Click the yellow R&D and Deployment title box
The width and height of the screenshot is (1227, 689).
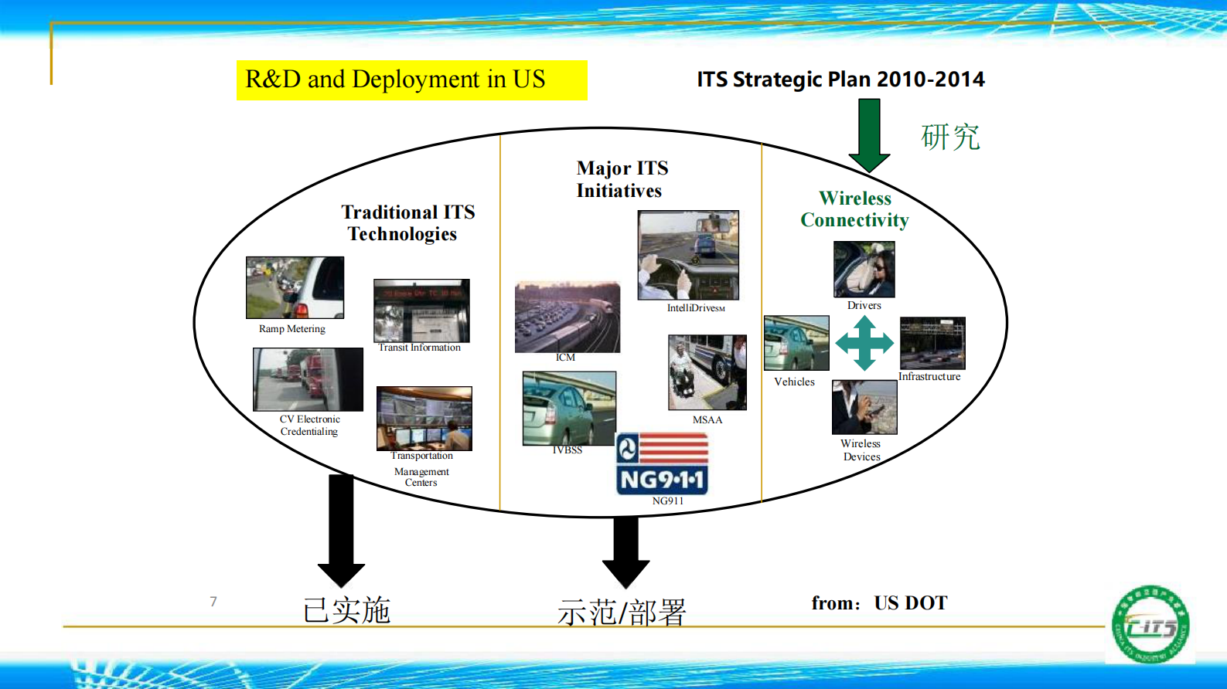411,80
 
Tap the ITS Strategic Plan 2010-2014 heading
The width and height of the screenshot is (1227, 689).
840,80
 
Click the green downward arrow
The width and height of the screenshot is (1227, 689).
869,136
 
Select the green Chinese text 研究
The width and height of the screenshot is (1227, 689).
950,137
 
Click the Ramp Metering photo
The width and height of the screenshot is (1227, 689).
295,287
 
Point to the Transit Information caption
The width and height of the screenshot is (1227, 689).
419,348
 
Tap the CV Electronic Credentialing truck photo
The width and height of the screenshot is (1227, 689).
308,379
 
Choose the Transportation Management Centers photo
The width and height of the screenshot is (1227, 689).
424,418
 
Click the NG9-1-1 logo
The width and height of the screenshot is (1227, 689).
662,463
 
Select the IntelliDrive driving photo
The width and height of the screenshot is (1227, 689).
687,255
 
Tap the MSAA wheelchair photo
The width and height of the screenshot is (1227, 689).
707,372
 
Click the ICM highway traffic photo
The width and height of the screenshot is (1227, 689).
567,317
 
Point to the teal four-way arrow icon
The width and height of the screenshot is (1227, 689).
864,343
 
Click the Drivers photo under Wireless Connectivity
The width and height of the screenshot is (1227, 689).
864,270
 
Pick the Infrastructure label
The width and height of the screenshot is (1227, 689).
929,377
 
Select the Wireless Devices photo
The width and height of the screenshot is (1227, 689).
864,407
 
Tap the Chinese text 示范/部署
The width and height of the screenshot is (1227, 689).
622,613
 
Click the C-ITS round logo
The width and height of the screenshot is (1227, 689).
1150,625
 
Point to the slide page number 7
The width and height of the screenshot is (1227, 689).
213,601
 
